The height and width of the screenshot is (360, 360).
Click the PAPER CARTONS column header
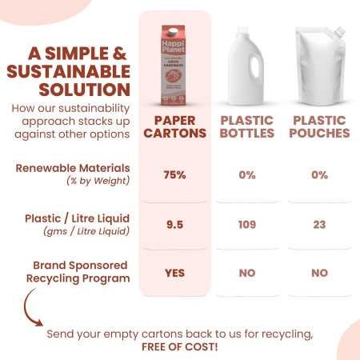coord(174,126)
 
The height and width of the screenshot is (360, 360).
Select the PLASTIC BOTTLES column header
coord(246,126)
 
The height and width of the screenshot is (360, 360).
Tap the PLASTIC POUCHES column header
coord(320,126)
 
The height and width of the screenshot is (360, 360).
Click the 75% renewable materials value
coord(174,174)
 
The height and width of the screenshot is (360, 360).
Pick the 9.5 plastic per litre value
coord(174,224)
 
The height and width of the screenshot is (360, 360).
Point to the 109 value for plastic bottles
coord(246,224)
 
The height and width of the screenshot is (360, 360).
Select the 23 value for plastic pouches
coord(320,224)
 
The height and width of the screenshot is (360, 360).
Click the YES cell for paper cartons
coord(174,273)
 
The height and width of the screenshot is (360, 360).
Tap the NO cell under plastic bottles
coord(246,273)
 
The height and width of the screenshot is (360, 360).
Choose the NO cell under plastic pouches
coord(320,273)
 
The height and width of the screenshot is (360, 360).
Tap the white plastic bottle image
coord(246,64)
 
